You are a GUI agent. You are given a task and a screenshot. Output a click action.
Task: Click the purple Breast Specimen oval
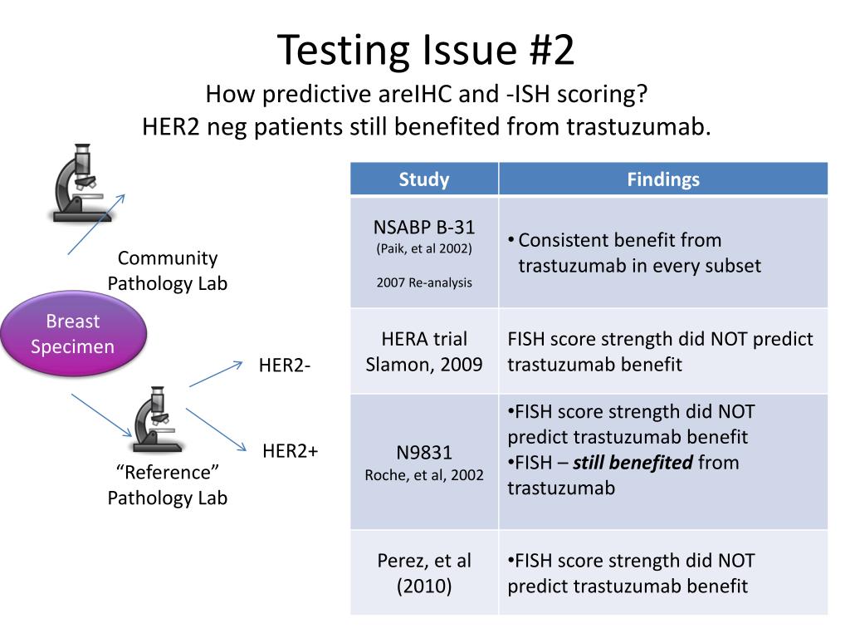(73, 333)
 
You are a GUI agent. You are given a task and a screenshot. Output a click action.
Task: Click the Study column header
(424, 179)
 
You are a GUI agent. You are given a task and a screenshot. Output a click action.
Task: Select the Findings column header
(662, 179)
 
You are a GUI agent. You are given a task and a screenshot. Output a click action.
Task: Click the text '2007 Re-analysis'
(424, 282)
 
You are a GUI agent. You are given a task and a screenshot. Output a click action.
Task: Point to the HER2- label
(285, 366)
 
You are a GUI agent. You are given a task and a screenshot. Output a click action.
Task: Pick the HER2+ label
(291, 451)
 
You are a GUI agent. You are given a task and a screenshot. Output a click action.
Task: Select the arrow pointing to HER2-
(216, 374)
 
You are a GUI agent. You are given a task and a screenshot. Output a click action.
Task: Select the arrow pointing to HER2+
(217, 430)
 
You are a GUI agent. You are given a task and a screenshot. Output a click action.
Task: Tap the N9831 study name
(424, 453)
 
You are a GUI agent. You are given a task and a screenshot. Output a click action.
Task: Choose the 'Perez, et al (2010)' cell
(424, 573)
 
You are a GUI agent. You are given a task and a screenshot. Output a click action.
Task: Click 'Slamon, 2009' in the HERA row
(424, 364)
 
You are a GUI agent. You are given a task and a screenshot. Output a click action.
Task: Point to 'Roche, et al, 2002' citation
(424, 476)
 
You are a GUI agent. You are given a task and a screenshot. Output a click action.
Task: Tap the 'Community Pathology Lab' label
(168, 271)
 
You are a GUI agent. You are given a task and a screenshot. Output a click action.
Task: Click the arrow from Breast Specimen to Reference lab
(101, 416)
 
